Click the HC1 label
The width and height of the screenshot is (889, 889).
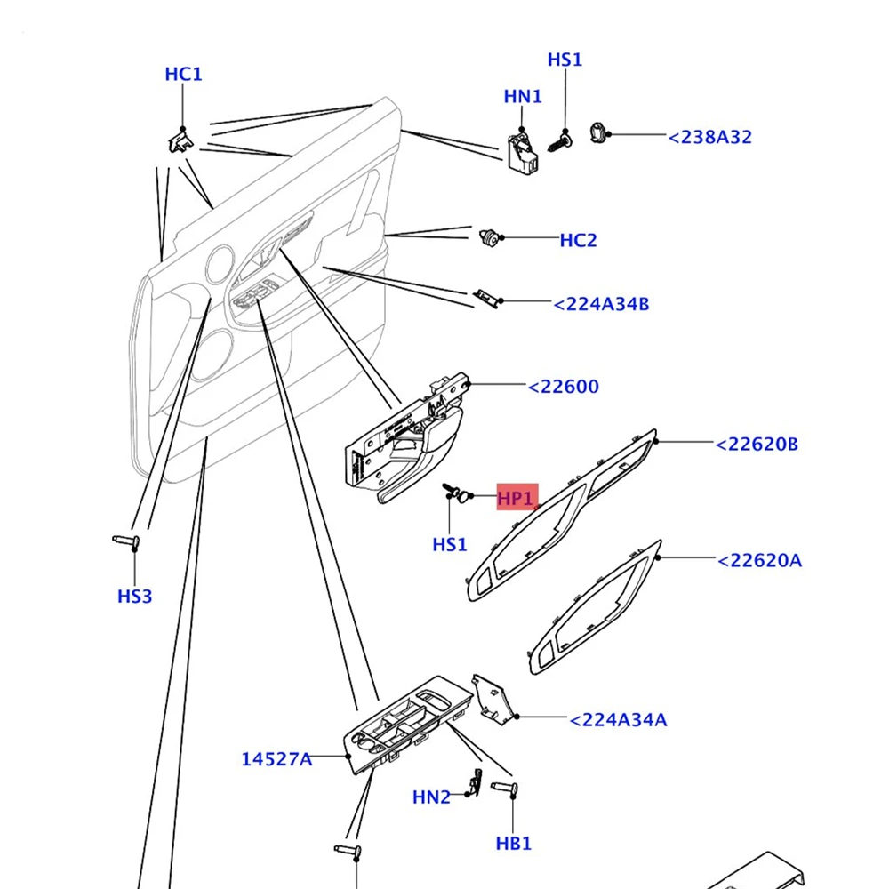pos(183,75)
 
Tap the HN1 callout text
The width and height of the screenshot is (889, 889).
pos(522,96)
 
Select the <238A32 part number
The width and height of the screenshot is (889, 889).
pos(709,137)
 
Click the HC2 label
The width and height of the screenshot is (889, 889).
pos(578,240)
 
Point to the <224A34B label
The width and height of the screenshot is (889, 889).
pos(601,304)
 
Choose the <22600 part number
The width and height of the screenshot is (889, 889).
pos(563,387)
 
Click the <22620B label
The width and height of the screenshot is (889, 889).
pos(757,444)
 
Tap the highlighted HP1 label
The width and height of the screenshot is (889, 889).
pos(517,498)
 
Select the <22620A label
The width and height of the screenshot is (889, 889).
pos(760,561)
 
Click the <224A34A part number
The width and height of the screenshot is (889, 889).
pos(618,720)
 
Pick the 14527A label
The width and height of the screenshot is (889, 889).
pos(276,759)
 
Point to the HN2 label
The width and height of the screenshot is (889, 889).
pos(431,797)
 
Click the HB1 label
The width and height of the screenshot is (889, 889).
pos(514,844)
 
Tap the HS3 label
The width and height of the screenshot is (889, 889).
pos(135,597)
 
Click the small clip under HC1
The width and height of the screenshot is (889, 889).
pos(180,141)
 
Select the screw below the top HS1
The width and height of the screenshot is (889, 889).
pos(560,141)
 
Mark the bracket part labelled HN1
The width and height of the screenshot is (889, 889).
pos(522,153)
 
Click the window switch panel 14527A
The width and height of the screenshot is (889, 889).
pos(406,724)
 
